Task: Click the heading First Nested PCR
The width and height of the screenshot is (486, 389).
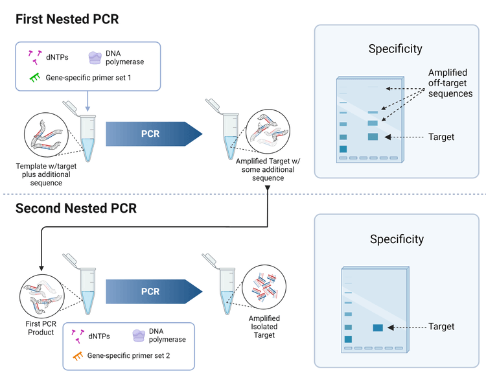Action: pyautogui.click(x=67, y=18)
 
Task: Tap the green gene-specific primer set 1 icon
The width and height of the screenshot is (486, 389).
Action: pyautogui.click(x=35, y=78)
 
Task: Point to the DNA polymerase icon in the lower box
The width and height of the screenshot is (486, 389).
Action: pyautogui.click(x=137, y=335)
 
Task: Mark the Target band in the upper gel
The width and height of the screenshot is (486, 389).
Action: pyautogui.click(x=373, y=137)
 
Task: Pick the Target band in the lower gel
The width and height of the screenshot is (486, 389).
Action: pyautogui.click(x=378, y=327)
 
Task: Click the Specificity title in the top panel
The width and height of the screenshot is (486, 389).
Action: pyautogui.click(x=395, y=49)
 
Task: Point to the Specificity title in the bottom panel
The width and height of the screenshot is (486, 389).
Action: pyautogui.click(x=397, y=239)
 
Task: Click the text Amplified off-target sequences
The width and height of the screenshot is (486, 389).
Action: pyautogui.click(x=450, y=83)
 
